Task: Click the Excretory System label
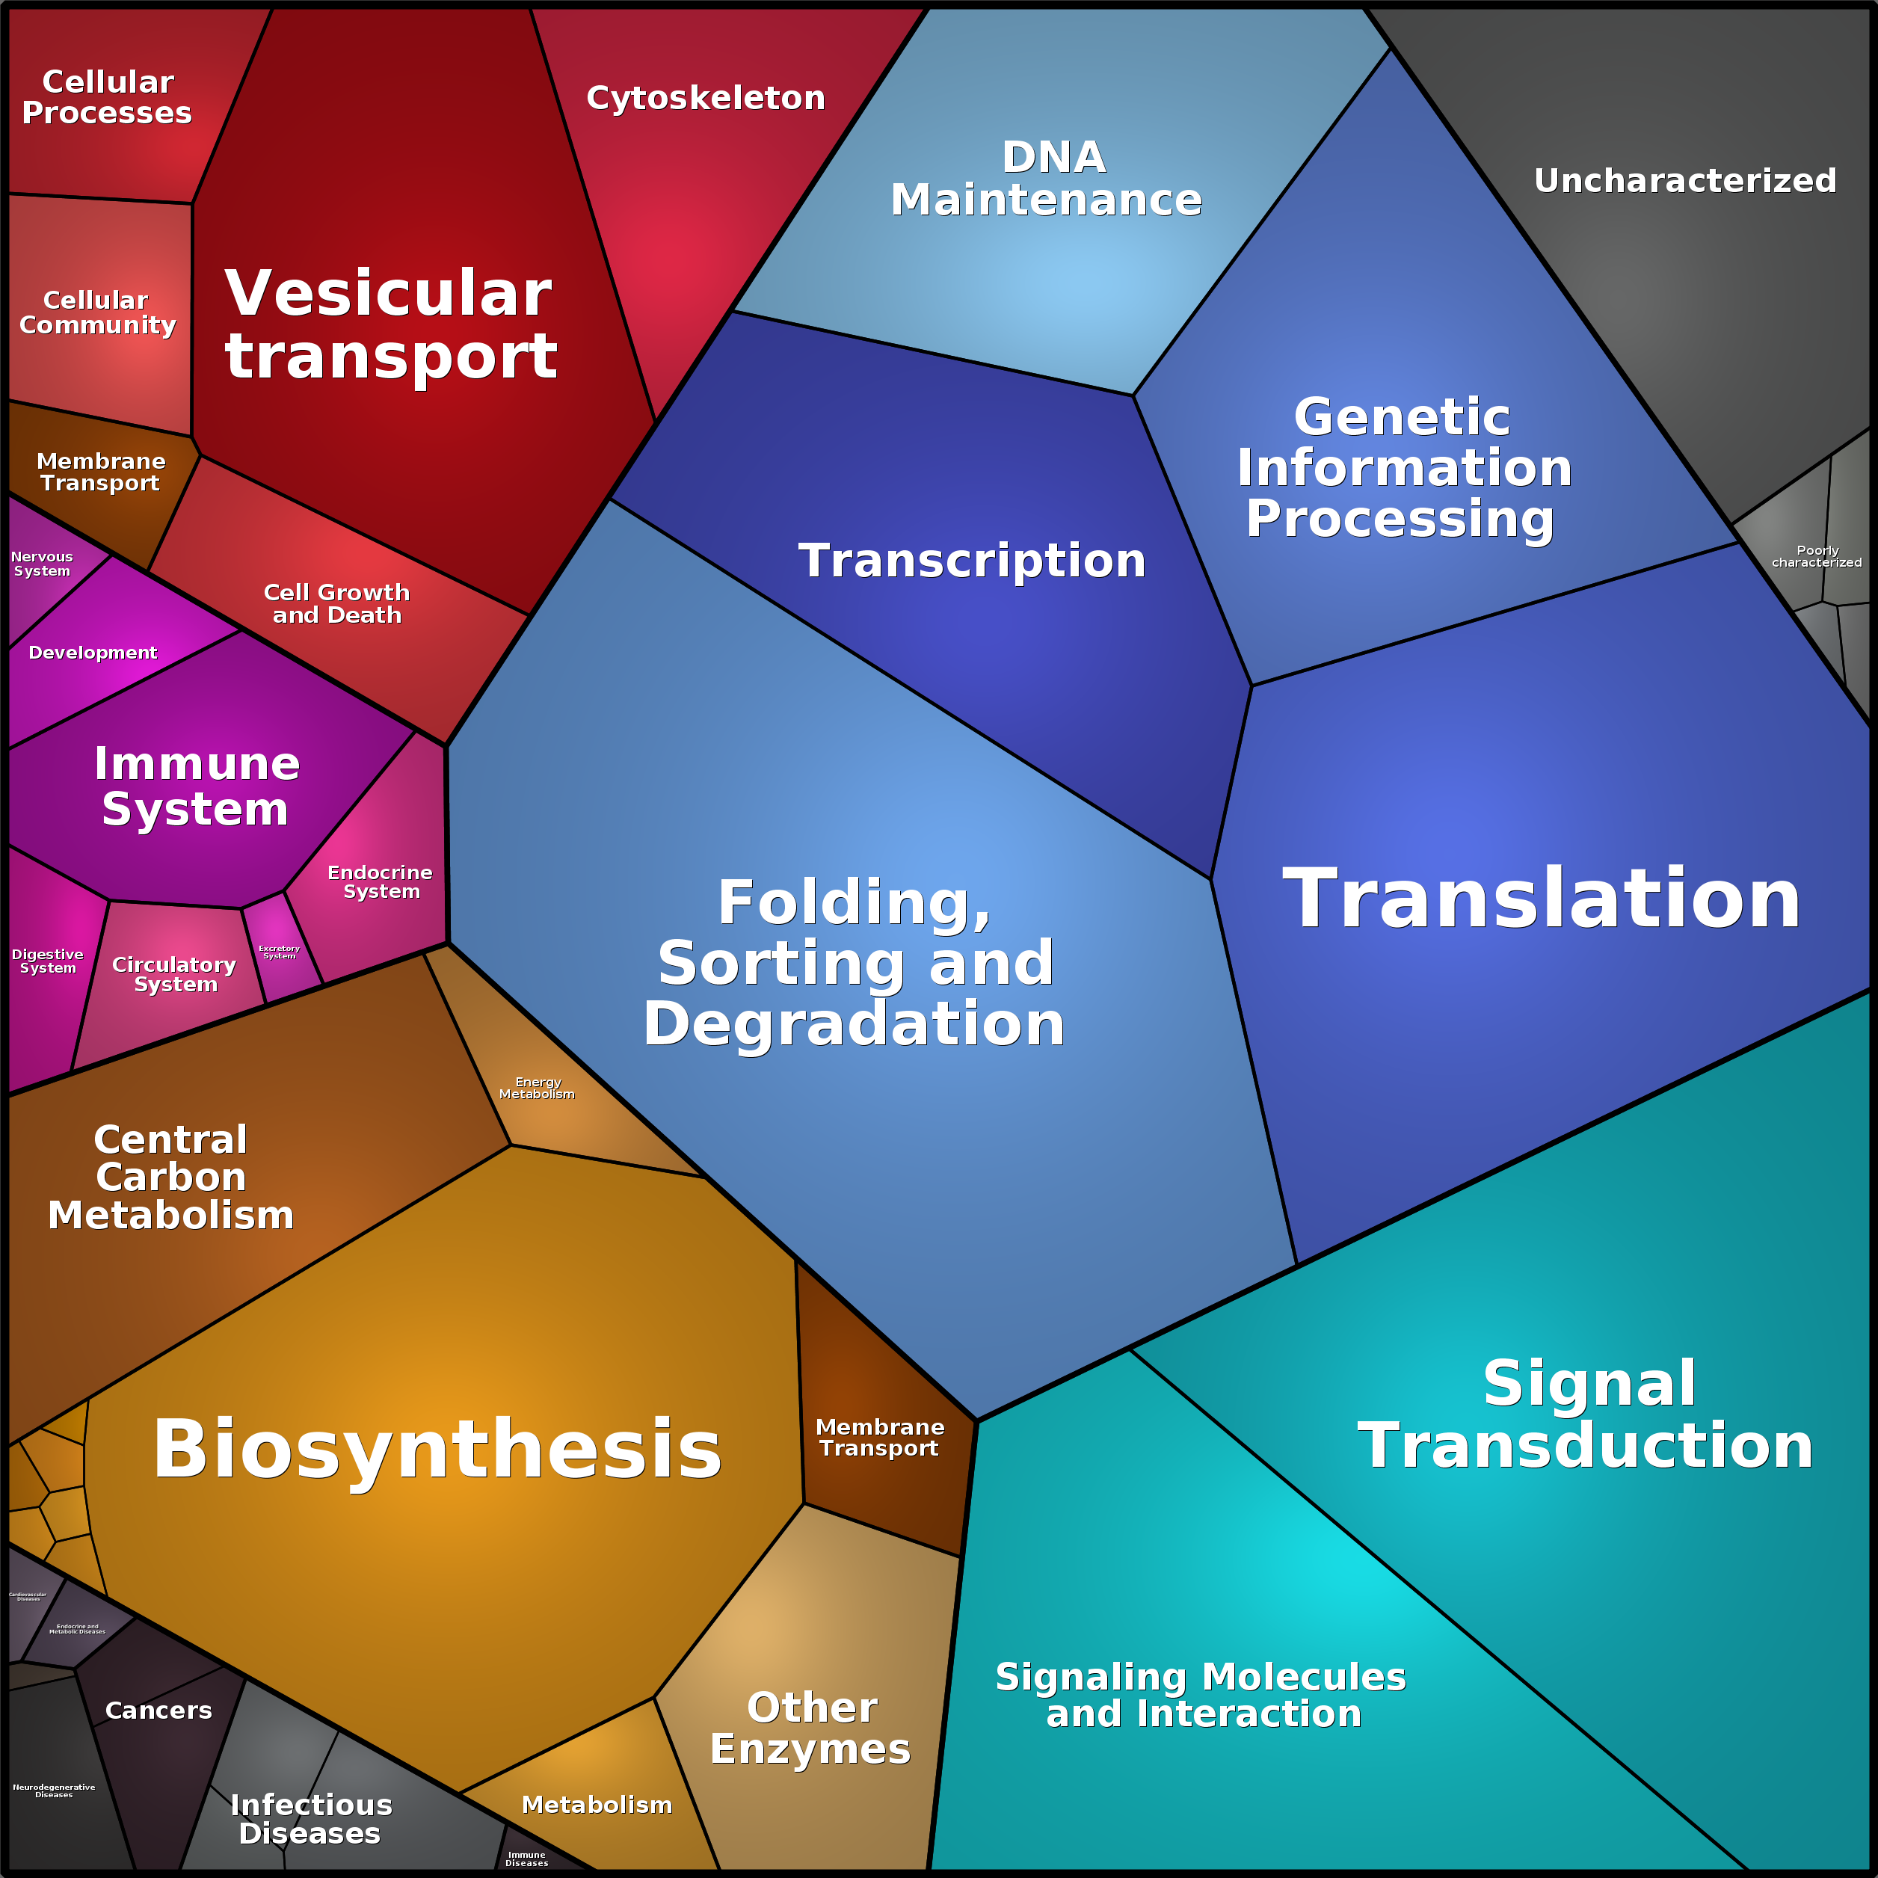[279, 952]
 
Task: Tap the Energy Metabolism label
[538, 1088]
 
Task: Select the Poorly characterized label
[1817, 556]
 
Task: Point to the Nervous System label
[42, 564]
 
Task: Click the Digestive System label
[48, 961]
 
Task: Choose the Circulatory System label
[175, 974]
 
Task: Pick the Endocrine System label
[380, 881]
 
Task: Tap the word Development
[93, 652]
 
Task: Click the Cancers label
[158, 1710]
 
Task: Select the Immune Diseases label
[527, 1859]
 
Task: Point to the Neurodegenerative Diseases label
[54, 1791]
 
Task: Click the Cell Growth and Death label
[337, 603]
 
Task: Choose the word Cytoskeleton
[706, 97]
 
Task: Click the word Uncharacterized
[1684, 180]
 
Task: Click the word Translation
[1541, 899]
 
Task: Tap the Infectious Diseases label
[311, 1819]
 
